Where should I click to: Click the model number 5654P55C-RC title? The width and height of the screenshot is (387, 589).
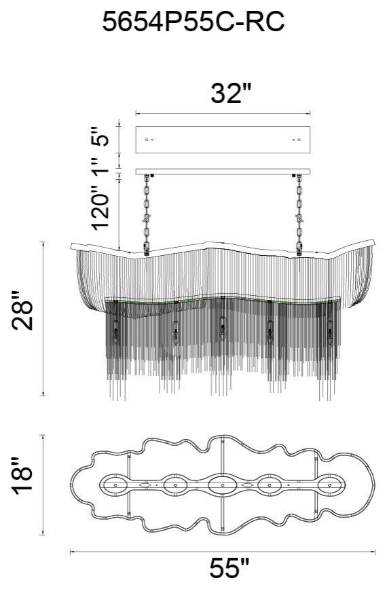coord(193,22)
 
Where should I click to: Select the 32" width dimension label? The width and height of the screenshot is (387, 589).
coord(230,93)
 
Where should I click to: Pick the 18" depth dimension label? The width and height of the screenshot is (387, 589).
coord(22,476)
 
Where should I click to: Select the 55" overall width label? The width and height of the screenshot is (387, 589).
coord(229,568)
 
